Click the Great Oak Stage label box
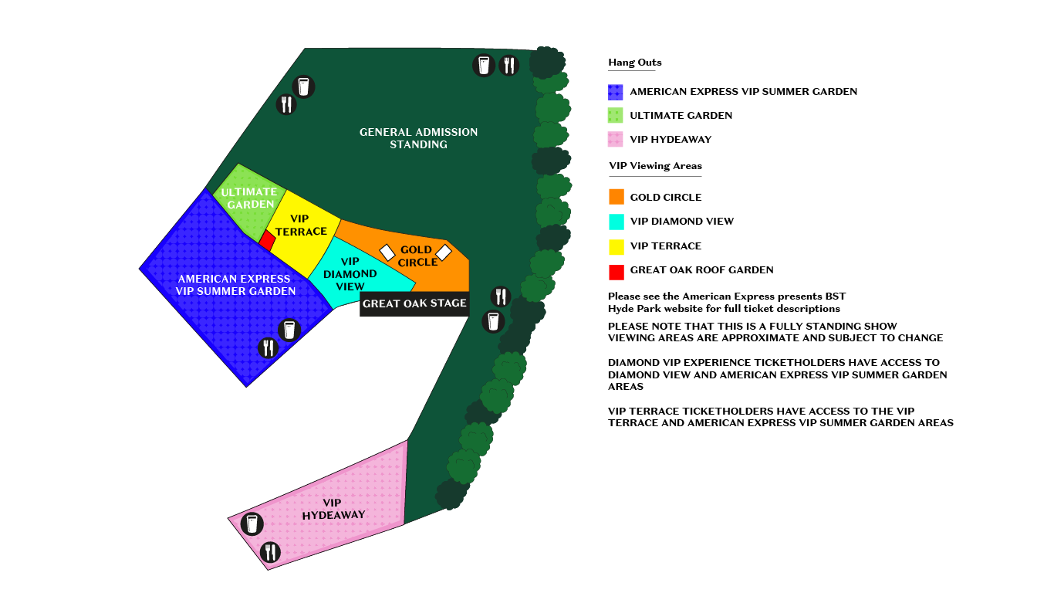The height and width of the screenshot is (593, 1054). pyautogui.click(x=414, y=303)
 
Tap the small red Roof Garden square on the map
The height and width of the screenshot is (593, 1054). pyautogui.click(x=267, y=240)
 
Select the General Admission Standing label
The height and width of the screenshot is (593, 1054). pyautogui.click(x=418, y=138)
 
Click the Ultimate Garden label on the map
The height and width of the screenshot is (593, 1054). pyautogui.click(x=249, y=198)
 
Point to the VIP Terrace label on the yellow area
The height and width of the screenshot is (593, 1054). pyautogui.click(x=301, y=225)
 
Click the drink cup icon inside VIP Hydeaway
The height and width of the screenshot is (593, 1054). pyautogui.click(x=252, y=524)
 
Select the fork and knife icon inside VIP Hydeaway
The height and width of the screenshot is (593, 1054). pyautogui.click(x=271, y=552)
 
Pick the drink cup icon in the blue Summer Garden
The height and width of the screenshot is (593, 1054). pyautogui.click(x=289, y=330)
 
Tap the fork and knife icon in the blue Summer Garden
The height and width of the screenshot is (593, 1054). pyautogui.click(x=268, y=348)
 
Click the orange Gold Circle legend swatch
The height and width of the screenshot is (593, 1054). pyautogui.click(x=616, y=197)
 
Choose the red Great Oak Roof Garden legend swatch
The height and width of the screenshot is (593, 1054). pyautogui.click(x=616, y=271)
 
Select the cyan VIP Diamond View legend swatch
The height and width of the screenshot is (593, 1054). pyautogui.click(x=616, y=222)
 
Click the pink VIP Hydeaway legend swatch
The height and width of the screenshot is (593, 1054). pyautogui.click(x=616, y=140)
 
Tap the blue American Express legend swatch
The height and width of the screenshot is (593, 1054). pyautogui.click(x=616, y=92)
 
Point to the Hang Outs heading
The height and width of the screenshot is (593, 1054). pyautogui.click(x=634, y=63)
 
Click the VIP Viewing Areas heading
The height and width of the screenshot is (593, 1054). pyautogui.click(x=654, y=166)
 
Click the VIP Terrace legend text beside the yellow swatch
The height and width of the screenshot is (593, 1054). pyautogui.click(x=665, y=246)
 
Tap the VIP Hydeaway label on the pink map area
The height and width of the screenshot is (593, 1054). pyautogui.click(x=333, y=509)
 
